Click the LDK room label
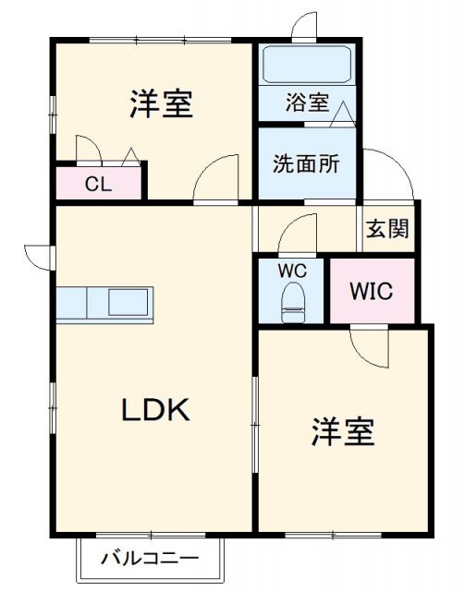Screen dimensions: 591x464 156,409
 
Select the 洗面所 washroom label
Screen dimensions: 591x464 305,163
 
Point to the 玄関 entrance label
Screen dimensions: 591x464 386,229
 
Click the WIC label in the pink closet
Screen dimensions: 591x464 371,291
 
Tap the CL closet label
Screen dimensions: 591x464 98,184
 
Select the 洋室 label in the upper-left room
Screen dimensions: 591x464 161,104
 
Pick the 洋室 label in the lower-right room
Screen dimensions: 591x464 343,431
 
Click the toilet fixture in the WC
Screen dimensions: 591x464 293,301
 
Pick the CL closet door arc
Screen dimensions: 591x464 86,148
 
